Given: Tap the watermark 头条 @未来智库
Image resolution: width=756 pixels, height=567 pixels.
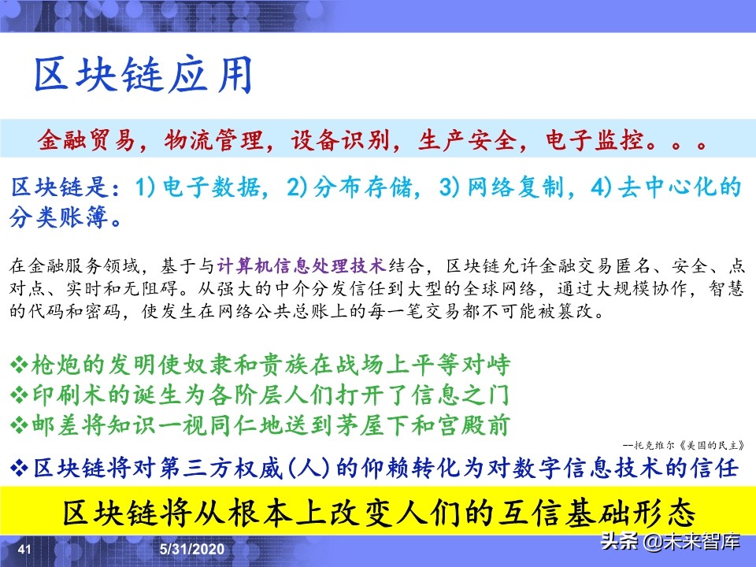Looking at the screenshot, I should pyautogui.click(x=669, y=542).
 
